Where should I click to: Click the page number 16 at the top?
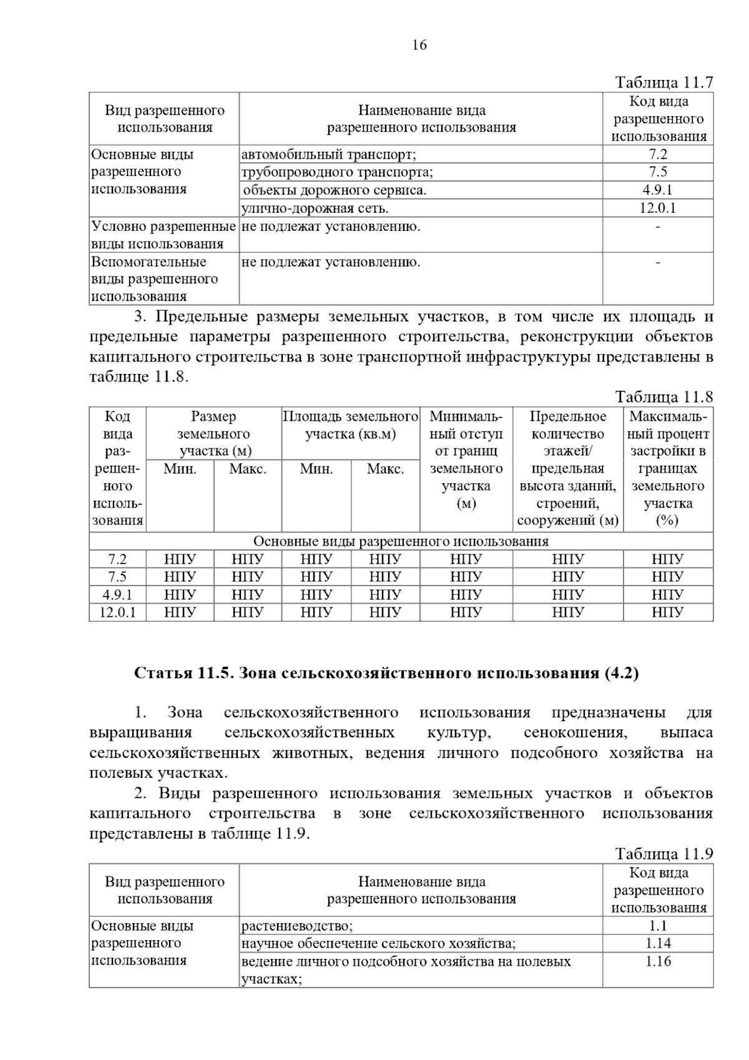tap(419, 45)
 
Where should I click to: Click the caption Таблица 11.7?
tap(663, 82)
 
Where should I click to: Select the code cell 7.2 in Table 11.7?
tap(658, 154)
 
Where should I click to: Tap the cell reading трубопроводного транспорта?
tap(337, 172)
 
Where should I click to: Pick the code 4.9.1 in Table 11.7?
tap(658, 190)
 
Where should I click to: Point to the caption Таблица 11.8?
tap(663, 397)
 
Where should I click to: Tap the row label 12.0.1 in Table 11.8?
tap(117, 612)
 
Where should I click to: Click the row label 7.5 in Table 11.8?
tap(117, 577)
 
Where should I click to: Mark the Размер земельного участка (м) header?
tap(213, 433)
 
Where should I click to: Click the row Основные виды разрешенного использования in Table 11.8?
tap(401, 541)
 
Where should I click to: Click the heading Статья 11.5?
tap(386, 674)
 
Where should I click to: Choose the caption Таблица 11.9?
tap(663, 854)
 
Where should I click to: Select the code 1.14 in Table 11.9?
tap(658, 943)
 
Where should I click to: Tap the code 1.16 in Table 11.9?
tap(658, 961)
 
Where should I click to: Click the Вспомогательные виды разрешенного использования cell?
tap(155, 279)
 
